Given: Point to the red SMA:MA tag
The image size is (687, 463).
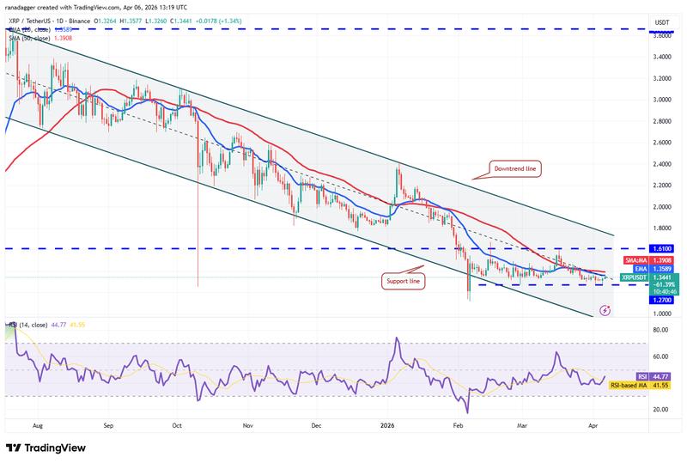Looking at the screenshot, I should click(637, 259).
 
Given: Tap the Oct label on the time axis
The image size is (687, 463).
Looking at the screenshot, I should click(176, 425).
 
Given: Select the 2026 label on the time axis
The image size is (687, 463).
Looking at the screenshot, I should click(386, 425).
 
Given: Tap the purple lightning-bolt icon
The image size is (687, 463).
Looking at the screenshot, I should click(606, 311).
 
